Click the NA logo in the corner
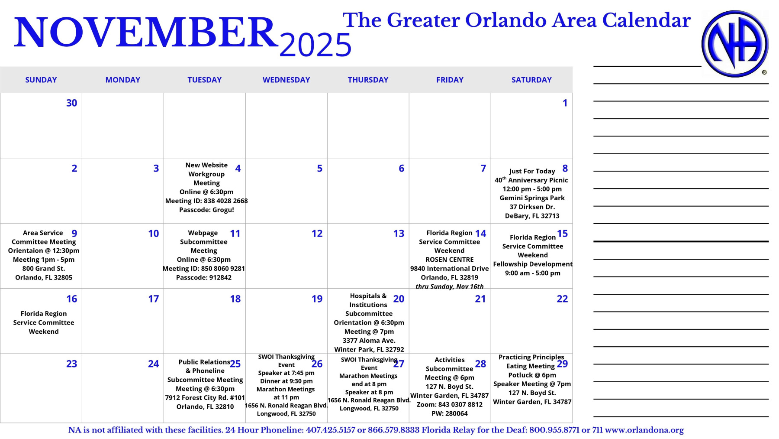[735, 43]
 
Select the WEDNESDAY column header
[286, 80]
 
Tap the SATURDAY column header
[531, 80]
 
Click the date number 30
[71, 103]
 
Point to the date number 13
[399, 234]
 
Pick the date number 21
[480, 299]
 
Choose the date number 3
[156, 168]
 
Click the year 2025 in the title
[315, 45]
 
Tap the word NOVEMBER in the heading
[146, 32]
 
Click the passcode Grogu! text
[206, 210]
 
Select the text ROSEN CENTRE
[450, 260]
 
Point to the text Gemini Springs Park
[532, 198]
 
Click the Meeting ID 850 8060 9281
[204, 269]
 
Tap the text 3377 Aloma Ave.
[369, 341]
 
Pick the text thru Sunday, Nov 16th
[450, 286]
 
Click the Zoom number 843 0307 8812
[449, 405]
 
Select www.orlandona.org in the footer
[644, 430]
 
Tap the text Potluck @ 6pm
[532, 375]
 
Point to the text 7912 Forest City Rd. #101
[205, 398]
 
